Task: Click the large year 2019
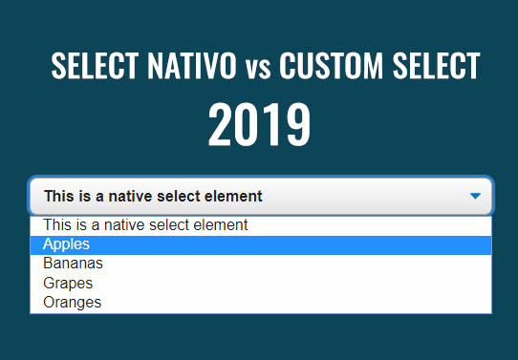tap(259, 125)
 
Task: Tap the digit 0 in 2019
tap(248, 125)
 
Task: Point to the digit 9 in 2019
tap(296, 125)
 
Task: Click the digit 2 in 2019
tap(223, 125)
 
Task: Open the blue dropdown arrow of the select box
tap(475, 196)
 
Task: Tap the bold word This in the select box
tap(59, 197)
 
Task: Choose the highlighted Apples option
tap(66, 245)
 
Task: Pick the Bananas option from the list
tap(73, 264)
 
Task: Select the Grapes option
tap(68, 284)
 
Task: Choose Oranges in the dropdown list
tap(72, 302)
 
